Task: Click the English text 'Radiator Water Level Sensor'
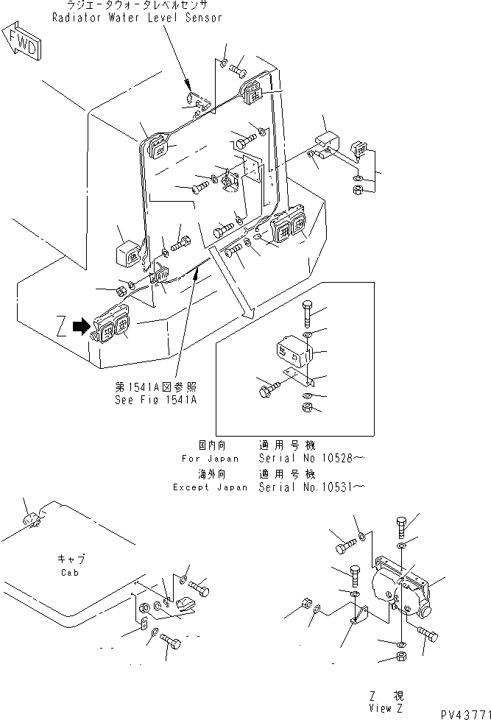coord(137,18)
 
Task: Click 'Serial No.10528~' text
coord(309,457)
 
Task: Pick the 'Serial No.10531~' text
coord(309,487)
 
